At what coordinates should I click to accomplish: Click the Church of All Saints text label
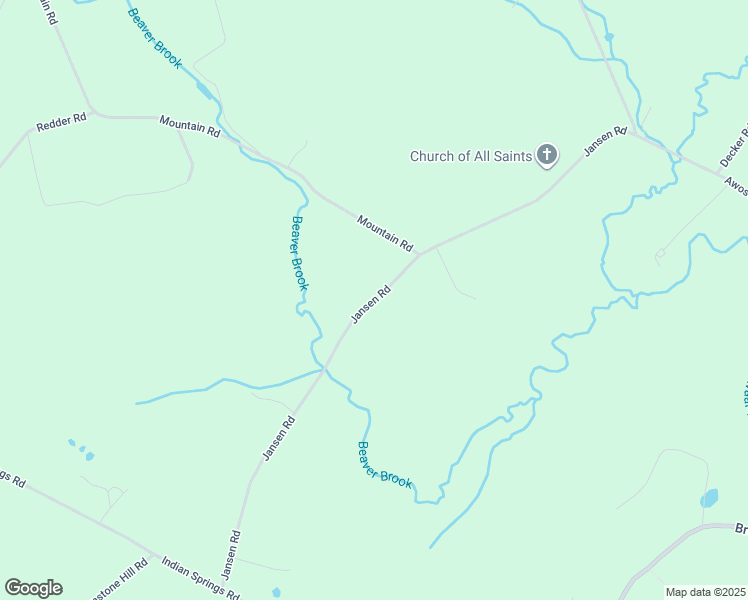point(470,156)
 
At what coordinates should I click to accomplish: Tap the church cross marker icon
point(546,154)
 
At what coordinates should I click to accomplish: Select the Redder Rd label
point(62,122)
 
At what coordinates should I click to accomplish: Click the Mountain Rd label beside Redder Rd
point(189,125)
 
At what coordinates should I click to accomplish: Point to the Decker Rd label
point(735,146)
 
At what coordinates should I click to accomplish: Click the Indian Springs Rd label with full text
point(200,578)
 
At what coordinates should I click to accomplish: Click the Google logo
point(33,588)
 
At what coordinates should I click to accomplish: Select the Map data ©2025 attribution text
point(704,592)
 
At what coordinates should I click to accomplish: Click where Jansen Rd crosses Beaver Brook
point(325,368)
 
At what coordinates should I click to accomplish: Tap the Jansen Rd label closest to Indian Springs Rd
point(231,554)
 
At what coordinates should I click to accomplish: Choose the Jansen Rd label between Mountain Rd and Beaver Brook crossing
point(369,305)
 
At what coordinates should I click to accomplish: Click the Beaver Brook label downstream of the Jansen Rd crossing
point(384,465)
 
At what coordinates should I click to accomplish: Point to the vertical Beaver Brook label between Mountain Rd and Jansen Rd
point(298,254)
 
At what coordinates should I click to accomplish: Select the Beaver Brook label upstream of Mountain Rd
point(155,40)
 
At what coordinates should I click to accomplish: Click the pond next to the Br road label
point(710,498)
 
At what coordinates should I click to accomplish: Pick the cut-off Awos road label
point(736,185)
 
